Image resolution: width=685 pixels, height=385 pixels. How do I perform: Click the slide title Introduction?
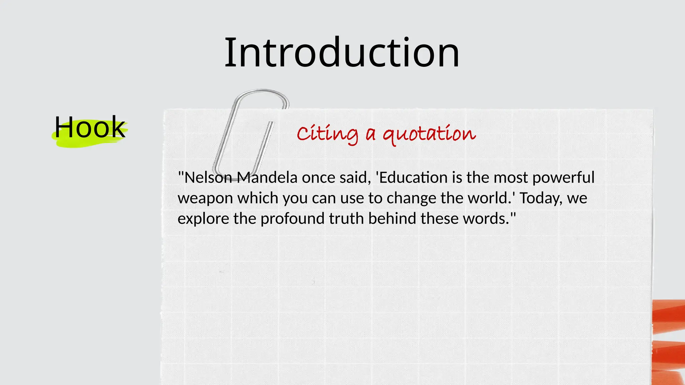pos(342,53)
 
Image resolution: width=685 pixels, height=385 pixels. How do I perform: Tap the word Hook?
pos(90,128)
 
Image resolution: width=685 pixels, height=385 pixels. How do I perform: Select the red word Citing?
pos(327,134)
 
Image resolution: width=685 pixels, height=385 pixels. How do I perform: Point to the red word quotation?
pos(429,134)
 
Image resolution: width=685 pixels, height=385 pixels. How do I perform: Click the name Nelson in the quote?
pos(208,177)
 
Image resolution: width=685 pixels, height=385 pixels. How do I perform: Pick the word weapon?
pos(205,198)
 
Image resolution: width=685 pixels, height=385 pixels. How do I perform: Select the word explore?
pos(203,219)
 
